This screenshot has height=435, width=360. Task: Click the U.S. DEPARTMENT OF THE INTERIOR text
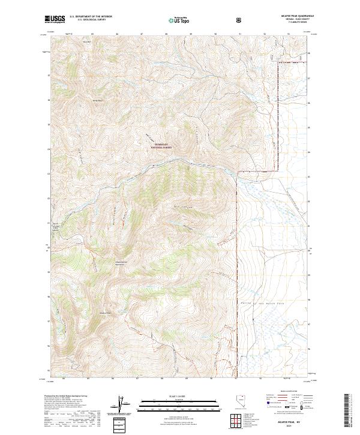89,17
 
